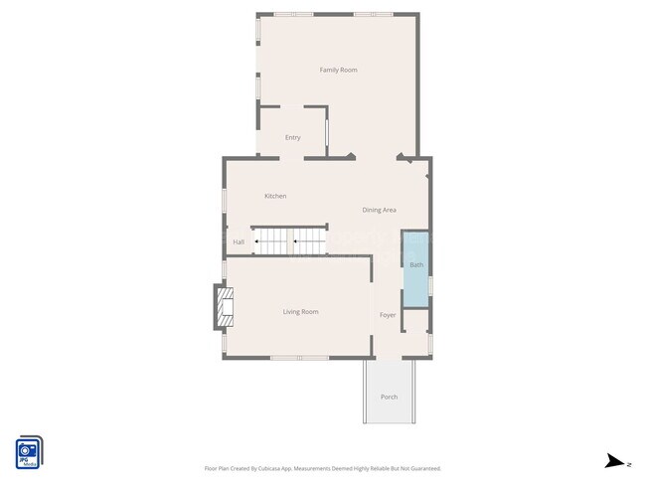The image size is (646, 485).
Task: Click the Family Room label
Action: pyautogui.click(x=338, y=70)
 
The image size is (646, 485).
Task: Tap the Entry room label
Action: pyautogui.click(x=292, y=137)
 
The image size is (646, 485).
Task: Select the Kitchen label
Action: pyautogui.click(x=275, y=196)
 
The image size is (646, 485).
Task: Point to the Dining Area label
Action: pyautogui.click(x=380, y=210)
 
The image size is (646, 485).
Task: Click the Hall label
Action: pyautogui.click(x=239, y=242)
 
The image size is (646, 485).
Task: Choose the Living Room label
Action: pyautogui.click(x=300, y=312)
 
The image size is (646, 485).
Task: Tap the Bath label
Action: pyautogui.click(x=416, y=264)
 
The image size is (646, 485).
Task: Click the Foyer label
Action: pyautogui.click(x=388, y=315)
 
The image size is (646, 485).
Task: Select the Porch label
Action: pyautogui.click(x=390, y=397)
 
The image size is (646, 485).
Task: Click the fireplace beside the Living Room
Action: pyautogui.click(x=223, y=308)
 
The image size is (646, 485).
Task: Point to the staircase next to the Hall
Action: pyautogui.click(x=289, y=241)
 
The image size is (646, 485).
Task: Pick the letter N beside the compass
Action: pyautogui.click(x=628, y=463)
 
